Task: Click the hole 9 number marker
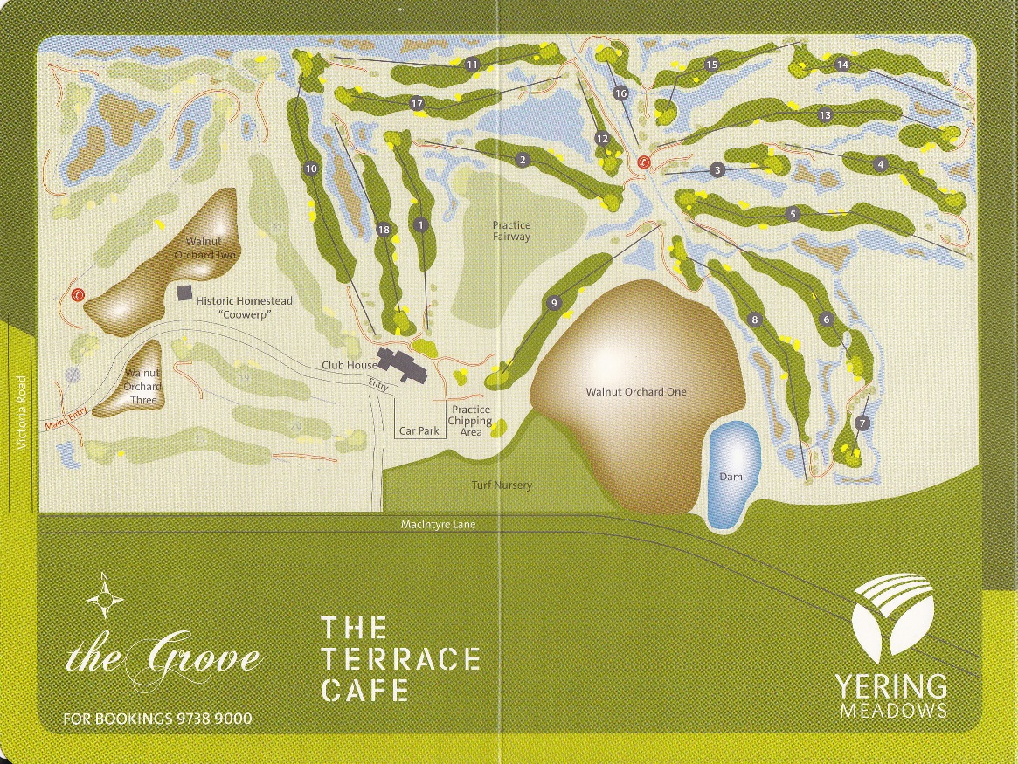[x=553, y=303]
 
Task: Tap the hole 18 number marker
[x=383, y=230]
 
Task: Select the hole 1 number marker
[x=421, y=225]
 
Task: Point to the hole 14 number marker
[x=842, y=65]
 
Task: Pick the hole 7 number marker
[x=862, y=423]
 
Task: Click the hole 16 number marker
[x=620, y=93]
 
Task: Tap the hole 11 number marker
[x=472, y=65]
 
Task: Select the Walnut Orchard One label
[x=635, y=392]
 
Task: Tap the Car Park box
[x=419, y=430]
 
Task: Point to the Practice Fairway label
[x=511, y=231]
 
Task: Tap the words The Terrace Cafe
[x=400, y=658]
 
